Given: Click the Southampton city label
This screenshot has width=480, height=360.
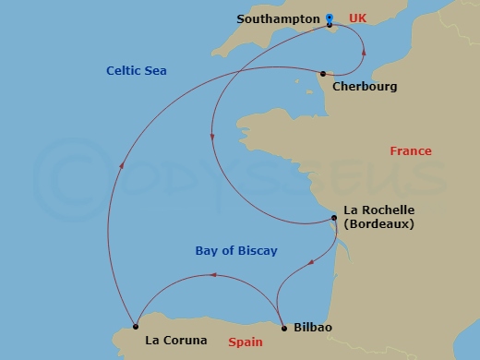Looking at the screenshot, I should coord(279,18).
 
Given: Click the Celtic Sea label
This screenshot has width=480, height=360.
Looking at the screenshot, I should coord(136,70).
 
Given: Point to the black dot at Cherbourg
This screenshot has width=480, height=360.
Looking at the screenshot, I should coord(322,74).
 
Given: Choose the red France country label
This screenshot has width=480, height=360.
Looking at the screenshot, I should coord(411,151).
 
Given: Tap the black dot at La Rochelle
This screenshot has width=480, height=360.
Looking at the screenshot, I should coord(334,219).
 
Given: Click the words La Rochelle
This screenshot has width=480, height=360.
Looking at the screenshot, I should coord(378,210).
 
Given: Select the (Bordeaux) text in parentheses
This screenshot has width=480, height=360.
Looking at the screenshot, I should coord(378,223).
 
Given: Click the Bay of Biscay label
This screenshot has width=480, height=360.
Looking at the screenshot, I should coord(236,251).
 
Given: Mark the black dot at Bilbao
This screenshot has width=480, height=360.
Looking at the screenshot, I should coord(282,326).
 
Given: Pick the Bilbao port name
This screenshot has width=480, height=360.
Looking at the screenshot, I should coord(312,328).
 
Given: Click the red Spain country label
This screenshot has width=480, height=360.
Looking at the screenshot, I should coord(245,341).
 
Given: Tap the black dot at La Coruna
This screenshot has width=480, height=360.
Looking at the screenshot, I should coord(136,325).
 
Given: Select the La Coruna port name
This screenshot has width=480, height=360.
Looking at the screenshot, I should coord(176,340).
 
